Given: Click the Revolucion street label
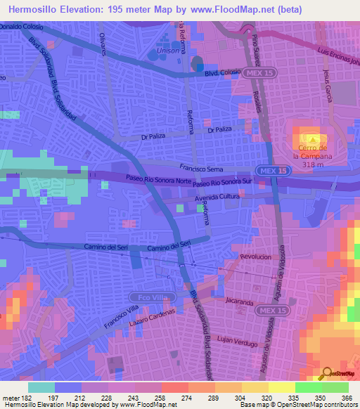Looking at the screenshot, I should tap(255, 257).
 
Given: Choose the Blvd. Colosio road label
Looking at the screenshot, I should tap(222, 73).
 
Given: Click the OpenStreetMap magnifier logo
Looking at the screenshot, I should tap(326, 374).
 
